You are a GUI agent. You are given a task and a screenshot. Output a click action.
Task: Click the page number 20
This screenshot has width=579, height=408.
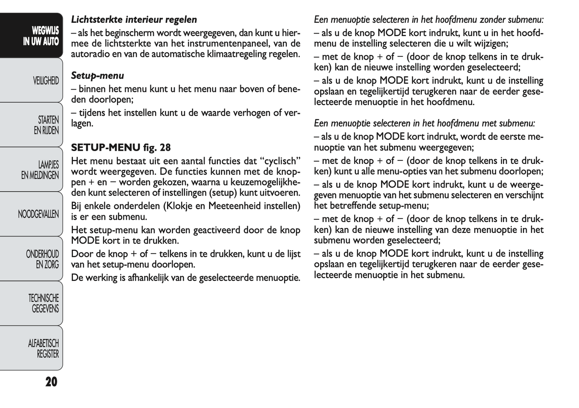[x=51, y=382]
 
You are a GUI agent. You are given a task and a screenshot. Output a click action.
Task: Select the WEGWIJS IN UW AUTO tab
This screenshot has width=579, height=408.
[x=40, y=36]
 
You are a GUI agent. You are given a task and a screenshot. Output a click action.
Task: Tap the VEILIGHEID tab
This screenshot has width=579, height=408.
[x=46, y=81]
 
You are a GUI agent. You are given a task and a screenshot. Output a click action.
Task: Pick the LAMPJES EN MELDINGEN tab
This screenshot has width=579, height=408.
[x=40, y=170]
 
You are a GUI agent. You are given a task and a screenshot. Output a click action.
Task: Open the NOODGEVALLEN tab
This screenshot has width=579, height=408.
[x=38, y=214]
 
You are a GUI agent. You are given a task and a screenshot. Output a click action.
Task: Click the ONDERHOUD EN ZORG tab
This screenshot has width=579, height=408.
[x=42, y=259]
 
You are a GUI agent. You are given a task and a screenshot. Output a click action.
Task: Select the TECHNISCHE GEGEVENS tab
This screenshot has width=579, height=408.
[x=44, y=303]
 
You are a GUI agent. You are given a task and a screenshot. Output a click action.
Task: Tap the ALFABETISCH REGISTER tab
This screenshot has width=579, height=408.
[x=44, y=348]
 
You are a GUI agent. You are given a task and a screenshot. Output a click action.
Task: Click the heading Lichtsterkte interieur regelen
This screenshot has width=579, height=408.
[x=134, y=19]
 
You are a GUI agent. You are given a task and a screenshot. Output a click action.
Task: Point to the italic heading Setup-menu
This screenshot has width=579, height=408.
[x=97, y=75]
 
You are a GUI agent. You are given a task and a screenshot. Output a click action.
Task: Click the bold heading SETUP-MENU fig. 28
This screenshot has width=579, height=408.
[x=121, y=147]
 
